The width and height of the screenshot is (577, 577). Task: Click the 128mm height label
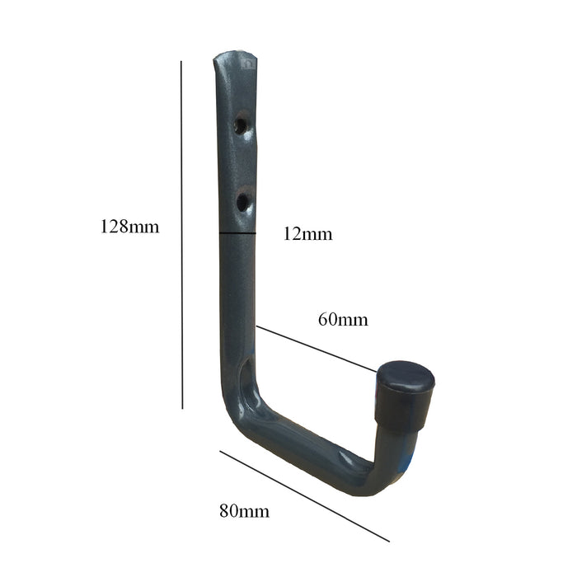tap(129, 227)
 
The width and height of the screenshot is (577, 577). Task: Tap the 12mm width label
tap(307, 234)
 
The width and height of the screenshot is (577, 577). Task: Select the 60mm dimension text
tap(343, 319)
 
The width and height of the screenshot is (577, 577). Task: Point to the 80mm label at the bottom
tap(244, 511)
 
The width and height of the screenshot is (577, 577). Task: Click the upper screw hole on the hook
tap(241, 126)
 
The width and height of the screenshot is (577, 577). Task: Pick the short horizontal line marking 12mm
tap(237, 234)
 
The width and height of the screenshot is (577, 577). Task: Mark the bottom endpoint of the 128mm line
tap(181, 408)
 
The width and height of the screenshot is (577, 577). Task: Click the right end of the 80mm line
tap(388, 541)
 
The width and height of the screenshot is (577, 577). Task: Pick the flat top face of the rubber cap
tap(406, 375)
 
